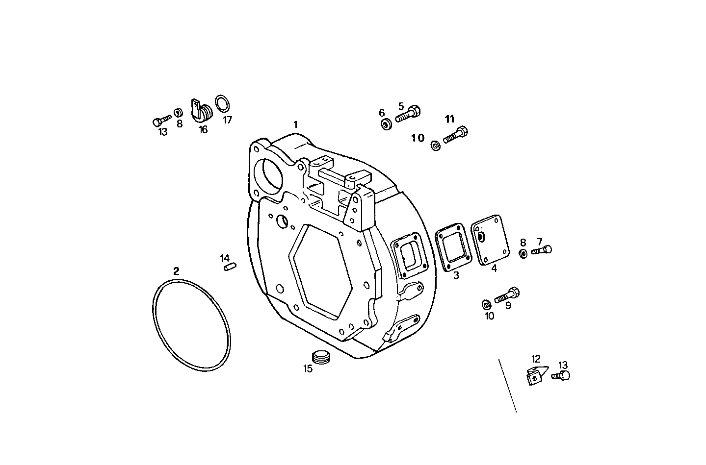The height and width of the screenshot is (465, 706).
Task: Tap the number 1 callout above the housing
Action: click(295, 125)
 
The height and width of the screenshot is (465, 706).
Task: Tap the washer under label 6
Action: click(386, 123)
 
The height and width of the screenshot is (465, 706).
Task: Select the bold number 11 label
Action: click(450, 119)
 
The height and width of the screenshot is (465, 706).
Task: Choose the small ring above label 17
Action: click(223, 104)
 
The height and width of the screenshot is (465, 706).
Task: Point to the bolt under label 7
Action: click(541, 250)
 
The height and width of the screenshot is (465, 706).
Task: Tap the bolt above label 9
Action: click(507, 295)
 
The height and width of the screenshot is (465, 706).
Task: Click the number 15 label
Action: click(308, 369)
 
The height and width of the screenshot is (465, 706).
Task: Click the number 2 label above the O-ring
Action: click(176, 271)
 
